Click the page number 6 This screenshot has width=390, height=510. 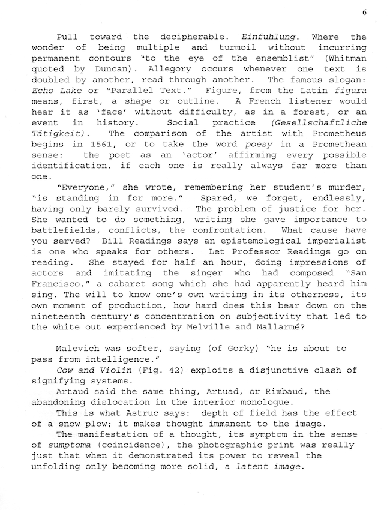click(x=364, y=12)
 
